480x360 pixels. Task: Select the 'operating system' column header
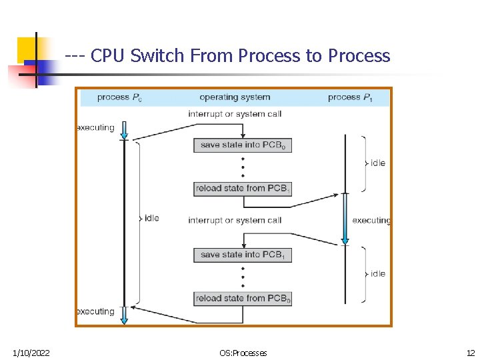pyautogui.click(x=235, y=97)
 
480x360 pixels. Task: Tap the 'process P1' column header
pyautogui.click(x=349, y=97)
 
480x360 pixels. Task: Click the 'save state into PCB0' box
pyautogui.click(x=243, y=145)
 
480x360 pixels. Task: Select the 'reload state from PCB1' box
pyautogui.click(x=243, y=189)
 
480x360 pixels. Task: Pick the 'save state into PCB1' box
pyautogui.click(x=243, y=255)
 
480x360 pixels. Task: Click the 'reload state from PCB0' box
pyautogui.click(x=243, y=299)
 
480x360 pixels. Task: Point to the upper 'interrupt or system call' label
pyautogui.click(x=235, y=114)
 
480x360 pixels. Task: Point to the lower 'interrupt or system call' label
pyautogui.click(x=235, y=220)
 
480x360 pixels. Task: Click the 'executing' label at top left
pyautogui.click(x=95, y=127)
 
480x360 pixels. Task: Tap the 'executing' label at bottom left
pyautogui.click(x=95, y=311)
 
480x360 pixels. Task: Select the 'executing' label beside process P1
pyautogui.click(x=371, y=220)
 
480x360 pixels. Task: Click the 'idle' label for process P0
pyautogui.click(x=151, y=218)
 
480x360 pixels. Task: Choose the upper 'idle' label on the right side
pyautogui.click(x=377, y=163)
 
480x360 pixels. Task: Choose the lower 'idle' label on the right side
pyautogui.click(x=377, y=273)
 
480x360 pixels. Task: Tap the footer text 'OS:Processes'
pyautogui.click(x=243, y=353)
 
